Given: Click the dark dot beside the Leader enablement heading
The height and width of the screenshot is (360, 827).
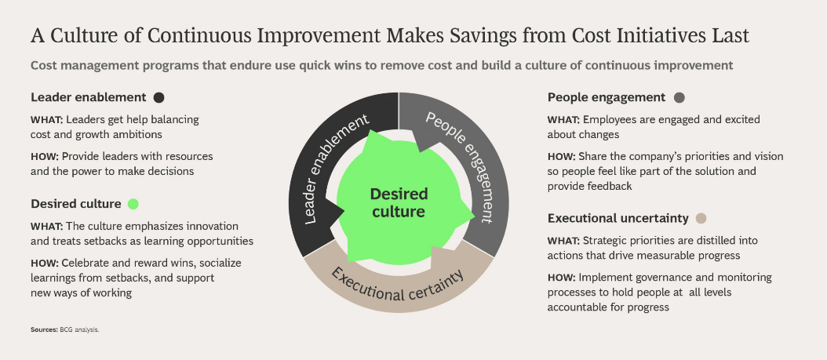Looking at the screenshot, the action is tap(158, 97).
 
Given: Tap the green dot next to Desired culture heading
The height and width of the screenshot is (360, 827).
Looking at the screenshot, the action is tap(133, 204).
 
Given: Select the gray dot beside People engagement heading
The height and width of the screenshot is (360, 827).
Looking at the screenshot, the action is tap(679, 97).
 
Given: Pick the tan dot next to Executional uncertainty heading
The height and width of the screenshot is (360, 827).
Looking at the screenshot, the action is tap(701, 218).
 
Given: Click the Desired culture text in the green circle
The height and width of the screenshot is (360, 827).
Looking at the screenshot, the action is tap(399, 203).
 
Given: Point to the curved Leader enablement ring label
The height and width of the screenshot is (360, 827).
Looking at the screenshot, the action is tap(336, 169).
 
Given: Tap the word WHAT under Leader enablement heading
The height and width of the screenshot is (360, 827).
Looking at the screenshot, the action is tap(47, 120).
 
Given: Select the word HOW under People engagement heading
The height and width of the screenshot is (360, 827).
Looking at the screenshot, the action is tap(563, 157).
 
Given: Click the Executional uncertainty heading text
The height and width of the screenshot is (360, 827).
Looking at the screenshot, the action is tap(618, 218).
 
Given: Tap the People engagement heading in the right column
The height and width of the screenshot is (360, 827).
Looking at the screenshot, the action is tap(607, 97).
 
